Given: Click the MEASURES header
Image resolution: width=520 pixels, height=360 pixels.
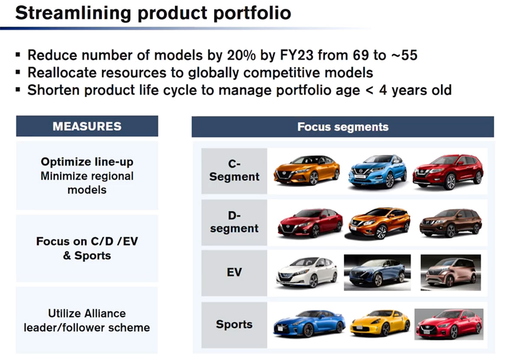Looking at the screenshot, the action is (x=87, y=126).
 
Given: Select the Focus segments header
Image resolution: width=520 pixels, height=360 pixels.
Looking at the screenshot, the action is (x=343, y=127).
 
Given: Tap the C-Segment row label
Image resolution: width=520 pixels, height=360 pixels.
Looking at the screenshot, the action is (x=234, y=170).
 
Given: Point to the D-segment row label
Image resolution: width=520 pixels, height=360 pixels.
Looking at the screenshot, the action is (x=234, y=222).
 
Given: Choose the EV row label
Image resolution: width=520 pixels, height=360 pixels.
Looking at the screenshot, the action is (x=234, y=272).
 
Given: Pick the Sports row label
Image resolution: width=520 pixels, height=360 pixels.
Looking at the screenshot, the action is (x=234, y=324).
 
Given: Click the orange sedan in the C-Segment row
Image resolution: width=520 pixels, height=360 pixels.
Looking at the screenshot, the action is (x=306, y=170).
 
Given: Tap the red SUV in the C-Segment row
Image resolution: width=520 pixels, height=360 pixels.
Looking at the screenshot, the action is (x=448, y=171).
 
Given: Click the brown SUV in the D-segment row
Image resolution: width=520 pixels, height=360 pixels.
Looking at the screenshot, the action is (x=451, y=223).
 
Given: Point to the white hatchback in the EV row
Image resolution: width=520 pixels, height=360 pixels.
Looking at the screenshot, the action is (x=307, y=272).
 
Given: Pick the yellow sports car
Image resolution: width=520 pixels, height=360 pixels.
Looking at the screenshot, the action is (x=380, y=323).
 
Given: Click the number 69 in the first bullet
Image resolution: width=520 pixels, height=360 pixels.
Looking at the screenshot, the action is (x=361, y=55).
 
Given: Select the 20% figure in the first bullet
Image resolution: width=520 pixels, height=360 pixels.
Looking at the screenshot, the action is (x=241, y=55).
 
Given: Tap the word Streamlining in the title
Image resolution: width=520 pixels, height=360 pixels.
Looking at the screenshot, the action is (x=73, y=13).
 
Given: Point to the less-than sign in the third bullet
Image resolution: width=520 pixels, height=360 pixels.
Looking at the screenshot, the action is (x=369, y=90).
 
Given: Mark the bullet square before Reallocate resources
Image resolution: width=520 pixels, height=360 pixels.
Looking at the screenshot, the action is (x=18, y=72).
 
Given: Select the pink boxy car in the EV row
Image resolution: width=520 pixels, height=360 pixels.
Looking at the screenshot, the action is (x=451, y=272).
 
